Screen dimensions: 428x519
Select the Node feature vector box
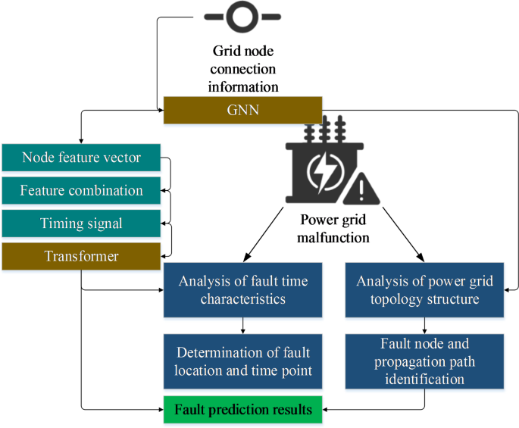[x=81, y=158]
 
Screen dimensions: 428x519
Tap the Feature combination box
[x=81, y=190]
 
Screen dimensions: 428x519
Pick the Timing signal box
[x=81, y=224]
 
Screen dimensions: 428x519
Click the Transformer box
[x=81, y=256]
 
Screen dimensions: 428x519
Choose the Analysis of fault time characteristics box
[x=243, y=290]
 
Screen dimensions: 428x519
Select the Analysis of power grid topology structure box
[x=425, y=290]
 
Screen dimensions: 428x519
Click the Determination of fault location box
[x=243, y=361]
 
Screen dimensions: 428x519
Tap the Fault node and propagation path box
[x=425, y=361]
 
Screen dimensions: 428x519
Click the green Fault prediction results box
[x=243, y=410]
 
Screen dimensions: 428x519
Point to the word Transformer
[x=81, y=256]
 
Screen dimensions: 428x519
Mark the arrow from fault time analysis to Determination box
[x=243, y=323]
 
